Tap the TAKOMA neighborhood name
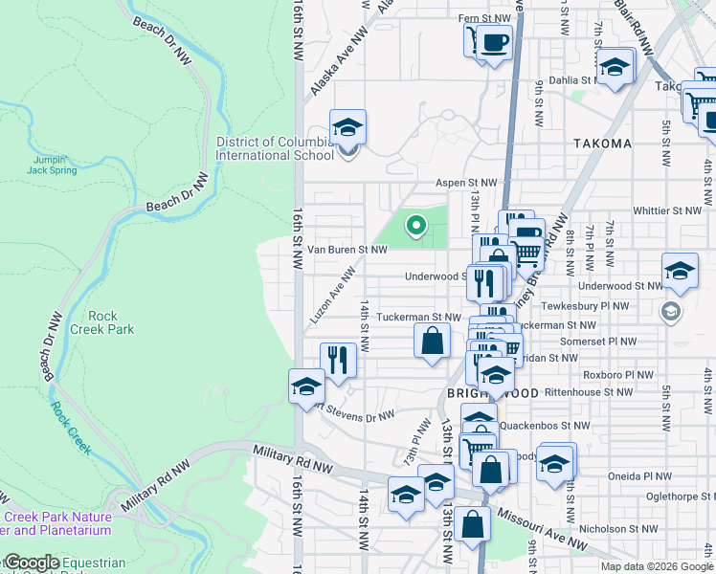pyautogui.click(x=602, y=143)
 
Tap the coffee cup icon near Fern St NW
pyautogui.click(x=494, y=43)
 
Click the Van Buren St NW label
pyautogui.click(x=347, y=250)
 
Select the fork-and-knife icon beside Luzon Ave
pyautogui.click(x=337, y=360)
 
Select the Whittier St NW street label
pyautogui.click(x=666, y=210)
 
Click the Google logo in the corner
pyautogui.click(x=32, y=563)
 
